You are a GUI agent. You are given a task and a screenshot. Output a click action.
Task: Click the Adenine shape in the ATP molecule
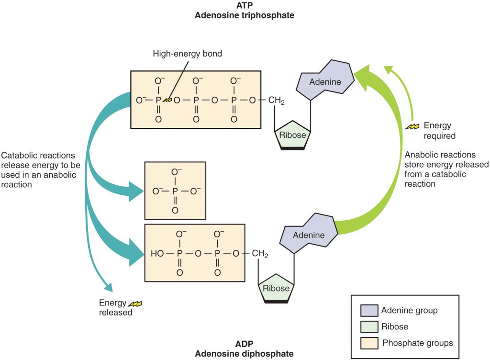[326, 81]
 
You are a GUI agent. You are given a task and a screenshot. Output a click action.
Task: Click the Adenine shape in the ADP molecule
[309, 235]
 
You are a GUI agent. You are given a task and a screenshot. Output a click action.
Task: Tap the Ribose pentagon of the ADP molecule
[276, 289]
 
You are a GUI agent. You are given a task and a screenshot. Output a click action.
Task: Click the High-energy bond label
[187, 54]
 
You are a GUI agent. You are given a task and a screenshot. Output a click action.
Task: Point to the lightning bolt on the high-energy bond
[167, 100]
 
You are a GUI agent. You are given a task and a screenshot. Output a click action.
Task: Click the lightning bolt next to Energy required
[412, 127]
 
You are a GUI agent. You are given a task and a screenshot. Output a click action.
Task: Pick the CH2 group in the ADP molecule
[259, 254]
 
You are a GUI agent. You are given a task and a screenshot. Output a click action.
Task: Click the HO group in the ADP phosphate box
[157, 254]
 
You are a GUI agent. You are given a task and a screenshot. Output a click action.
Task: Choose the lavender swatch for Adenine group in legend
[368, 311]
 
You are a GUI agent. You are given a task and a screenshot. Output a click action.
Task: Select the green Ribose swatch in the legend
[368, 327]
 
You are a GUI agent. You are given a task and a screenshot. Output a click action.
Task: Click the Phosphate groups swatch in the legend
[368, 343]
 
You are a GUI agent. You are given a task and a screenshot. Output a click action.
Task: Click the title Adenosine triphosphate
[244, 15]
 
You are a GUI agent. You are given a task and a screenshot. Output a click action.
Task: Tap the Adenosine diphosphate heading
[244, 353]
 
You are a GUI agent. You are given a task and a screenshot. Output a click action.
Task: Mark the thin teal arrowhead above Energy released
[108, 287]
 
